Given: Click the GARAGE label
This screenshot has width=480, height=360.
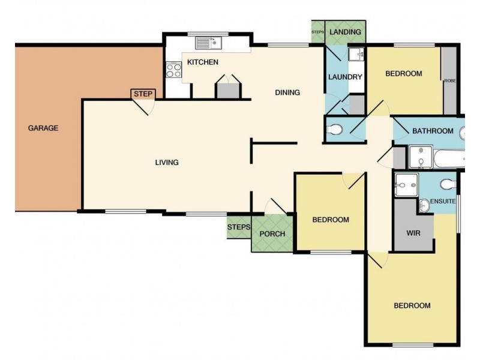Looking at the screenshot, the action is [43, 128].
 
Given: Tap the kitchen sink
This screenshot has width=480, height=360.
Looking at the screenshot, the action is [208, 43].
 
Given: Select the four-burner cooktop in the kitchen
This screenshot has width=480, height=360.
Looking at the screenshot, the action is [174, 70].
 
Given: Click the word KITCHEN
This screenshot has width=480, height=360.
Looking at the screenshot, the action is [203, 62].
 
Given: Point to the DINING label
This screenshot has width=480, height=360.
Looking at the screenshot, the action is [287, 92].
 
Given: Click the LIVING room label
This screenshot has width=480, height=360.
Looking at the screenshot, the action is [167, 162].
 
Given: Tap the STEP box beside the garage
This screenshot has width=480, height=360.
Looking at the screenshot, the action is [143, 94].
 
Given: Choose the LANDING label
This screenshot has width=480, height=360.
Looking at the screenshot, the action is [346, 32].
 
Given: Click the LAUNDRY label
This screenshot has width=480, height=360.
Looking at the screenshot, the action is [345, 77].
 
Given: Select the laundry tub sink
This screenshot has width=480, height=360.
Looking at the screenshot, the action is [356, 55].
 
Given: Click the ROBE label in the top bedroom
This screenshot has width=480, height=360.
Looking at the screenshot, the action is [450, 81].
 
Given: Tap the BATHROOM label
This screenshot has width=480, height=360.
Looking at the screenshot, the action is [433, 131].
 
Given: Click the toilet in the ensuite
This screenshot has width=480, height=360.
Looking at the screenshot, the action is [448, 184].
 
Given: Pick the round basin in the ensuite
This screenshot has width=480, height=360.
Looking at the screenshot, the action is [424, 206].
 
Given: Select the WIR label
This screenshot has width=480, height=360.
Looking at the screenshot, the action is [413, 233].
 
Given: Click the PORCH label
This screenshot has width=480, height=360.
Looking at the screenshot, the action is [272, 234].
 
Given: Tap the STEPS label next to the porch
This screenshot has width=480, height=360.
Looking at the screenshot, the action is [239, 227].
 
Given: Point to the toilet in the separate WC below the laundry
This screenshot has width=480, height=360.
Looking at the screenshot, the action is [334, 129].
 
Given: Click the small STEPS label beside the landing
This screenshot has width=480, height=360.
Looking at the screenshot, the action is [318, 32].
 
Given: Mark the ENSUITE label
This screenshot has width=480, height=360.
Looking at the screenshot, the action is [443, 201].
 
